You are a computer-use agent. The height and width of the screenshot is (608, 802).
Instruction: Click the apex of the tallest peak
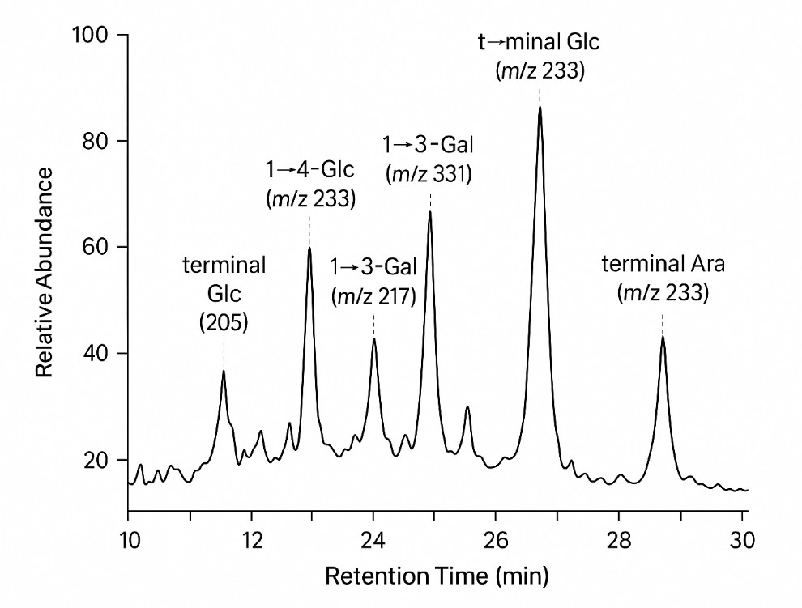(540, 107)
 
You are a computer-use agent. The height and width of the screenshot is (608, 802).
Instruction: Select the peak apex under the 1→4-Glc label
(309, 248)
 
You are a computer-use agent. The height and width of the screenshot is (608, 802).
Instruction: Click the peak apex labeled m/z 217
(373, 338)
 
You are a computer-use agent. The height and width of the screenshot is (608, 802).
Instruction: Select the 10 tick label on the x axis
(128, 538)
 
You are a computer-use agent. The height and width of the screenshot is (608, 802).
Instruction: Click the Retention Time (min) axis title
(437, 577)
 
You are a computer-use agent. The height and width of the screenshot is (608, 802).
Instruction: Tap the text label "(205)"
(224, 322)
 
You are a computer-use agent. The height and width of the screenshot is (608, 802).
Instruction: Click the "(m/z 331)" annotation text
(429, 173)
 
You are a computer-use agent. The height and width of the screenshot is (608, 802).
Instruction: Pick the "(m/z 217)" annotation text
(373, 295)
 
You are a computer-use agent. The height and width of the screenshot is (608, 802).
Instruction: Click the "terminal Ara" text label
(663, 264)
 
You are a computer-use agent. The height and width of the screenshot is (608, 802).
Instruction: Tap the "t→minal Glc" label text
(540, 42)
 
